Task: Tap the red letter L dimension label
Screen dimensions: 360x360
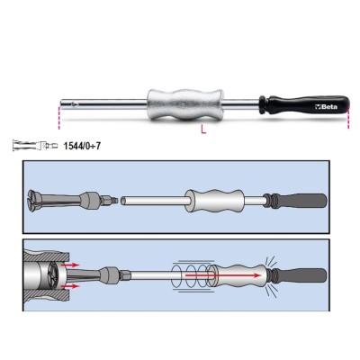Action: tap(203, 130)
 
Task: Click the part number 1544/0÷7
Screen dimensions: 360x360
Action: tap(82, 146)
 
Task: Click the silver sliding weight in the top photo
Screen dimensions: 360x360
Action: tap(185, 104)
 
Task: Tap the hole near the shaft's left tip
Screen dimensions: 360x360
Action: tap(74, 103)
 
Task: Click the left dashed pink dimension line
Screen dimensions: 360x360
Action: tap(59, 118)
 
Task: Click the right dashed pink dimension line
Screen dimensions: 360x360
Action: tap(348, 118)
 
